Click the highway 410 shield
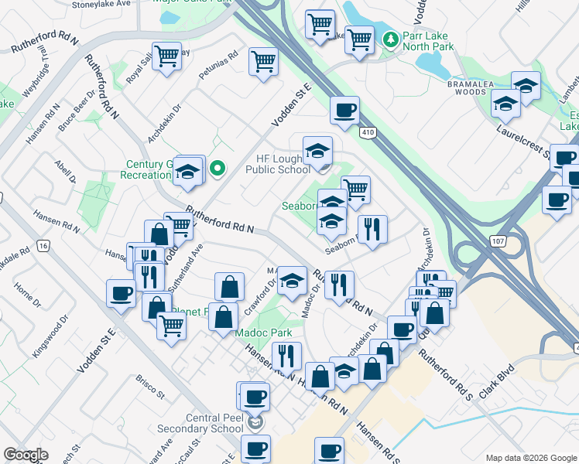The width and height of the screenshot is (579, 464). coord(368,133)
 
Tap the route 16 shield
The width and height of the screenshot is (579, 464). coord(43,246)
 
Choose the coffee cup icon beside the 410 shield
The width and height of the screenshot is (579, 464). coord(344,110)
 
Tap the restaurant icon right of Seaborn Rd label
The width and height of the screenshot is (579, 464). coord(373,229)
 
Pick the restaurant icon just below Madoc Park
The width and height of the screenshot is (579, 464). coord(287,355)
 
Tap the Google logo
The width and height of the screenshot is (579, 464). coord(26,455)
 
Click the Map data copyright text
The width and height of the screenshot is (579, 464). coord(530,458)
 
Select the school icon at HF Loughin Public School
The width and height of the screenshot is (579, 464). coord(317,150)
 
